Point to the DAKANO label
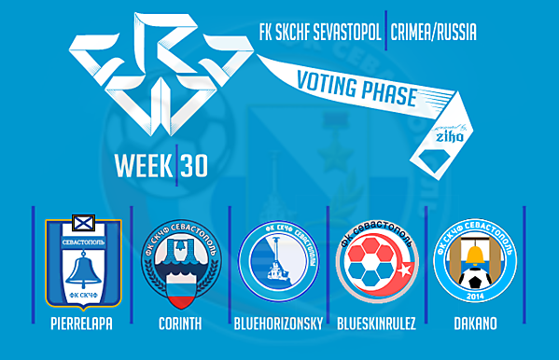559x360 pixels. point(474,326)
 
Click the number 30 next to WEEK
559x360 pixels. point(194,165)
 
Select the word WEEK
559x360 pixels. point(142,165)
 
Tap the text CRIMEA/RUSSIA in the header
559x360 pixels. point(435,33)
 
